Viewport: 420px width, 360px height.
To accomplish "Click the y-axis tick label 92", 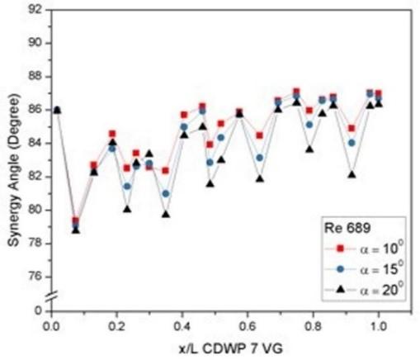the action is (x=35, y=9).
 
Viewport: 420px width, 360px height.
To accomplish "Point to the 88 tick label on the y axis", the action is (x=35, y=76).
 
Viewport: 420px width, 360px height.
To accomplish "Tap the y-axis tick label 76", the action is (x=35, y=277).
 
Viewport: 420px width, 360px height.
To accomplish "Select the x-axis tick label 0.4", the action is (x=182, y=327).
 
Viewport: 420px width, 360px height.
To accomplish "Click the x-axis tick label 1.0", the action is (x=378, y=327).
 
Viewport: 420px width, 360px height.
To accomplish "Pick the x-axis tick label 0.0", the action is (x=52, y=327).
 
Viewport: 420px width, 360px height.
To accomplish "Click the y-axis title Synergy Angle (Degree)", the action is (x=14, y=170).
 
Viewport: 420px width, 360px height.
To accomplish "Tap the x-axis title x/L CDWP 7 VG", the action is (x=231, y=349).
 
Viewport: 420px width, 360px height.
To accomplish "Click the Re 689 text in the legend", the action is (x=347, y=228).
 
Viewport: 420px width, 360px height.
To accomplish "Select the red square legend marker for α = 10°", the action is (x=341, y=249).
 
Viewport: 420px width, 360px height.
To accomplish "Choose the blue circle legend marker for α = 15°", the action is (x=341, y=269).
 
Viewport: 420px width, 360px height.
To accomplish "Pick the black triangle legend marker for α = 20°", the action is (x=341, y=289).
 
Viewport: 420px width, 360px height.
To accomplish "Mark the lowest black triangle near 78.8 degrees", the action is (x=76, y=230).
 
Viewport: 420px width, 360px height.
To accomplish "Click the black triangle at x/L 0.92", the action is (x=352, y=174).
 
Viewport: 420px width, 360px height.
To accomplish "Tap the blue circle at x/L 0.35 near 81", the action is (x=166, y=194).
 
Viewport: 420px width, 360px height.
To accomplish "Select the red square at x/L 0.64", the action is (x=259, y=135).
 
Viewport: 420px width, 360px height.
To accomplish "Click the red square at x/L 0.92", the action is (x=352, y=128).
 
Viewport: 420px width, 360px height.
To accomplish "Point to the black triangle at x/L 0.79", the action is (x=309, y=149).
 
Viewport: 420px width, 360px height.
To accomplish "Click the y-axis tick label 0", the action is (x=39, y=310).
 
